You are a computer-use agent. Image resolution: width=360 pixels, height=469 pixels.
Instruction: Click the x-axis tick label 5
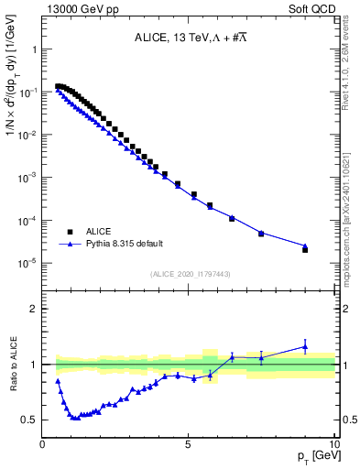(188, 444)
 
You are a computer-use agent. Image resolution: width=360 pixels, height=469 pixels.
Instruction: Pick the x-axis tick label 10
(333, 444)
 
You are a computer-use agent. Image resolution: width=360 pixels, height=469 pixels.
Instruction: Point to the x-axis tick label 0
(43, 444)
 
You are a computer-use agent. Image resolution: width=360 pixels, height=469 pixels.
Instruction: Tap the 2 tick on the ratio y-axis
(34, 309)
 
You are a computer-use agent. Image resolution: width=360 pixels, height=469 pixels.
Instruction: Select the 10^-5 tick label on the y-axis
(27, 263)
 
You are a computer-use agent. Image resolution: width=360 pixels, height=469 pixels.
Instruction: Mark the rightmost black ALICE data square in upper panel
(305, 249)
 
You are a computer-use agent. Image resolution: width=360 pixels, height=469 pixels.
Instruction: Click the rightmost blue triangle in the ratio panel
(305, 346)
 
